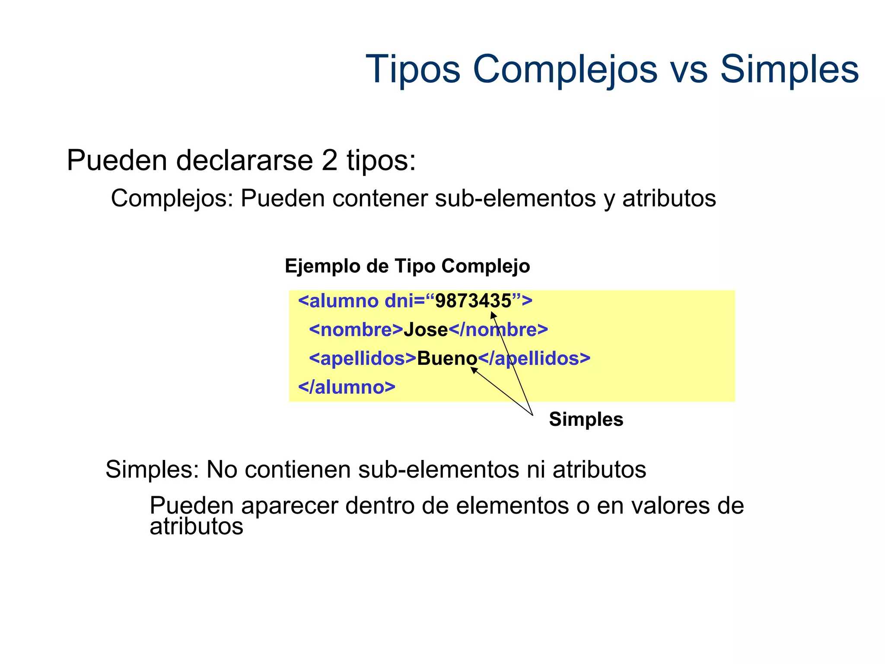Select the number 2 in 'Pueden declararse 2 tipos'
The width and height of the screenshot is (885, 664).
point(329,161)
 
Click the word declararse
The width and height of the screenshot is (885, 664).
point(244,161)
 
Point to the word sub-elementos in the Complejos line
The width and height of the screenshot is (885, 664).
point(515,199)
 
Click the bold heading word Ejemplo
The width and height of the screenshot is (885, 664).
point(322,266)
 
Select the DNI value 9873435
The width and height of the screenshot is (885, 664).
point(473,301)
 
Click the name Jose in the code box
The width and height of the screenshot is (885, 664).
point(426,330)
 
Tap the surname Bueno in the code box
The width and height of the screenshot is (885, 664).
point(447,358)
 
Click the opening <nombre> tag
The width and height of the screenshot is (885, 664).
point(356,330)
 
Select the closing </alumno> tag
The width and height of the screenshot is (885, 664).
point(347,387)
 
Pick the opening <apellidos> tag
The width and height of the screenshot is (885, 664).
point(363,358)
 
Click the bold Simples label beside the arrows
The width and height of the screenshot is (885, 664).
point(586,419)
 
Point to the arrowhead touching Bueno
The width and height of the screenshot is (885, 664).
point(473,370)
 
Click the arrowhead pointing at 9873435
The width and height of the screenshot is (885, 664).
point(493,314)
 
